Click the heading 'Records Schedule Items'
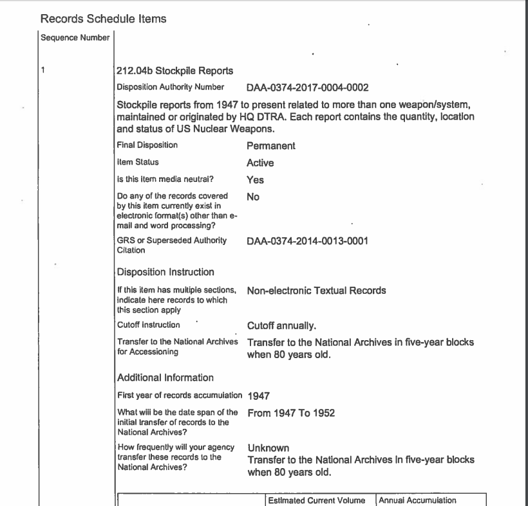103,19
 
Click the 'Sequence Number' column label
75,37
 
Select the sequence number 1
42,71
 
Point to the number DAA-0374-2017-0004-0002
308,87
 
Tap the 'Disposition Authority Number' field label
171,87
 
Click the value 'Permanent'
271,146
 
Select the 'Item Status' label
137,162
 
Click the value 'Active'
260,163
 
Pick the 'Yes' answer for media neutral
255,180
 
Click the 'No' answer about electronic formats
253,197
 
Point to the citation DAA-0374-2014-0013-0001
308,240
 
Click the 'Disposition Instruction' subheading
165,272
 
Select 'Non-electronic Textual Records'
316,291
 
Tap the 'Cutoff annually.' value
281,325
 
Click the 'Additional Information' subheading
165,377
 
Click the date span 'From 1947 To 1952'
291,413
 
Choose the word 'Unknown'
269,447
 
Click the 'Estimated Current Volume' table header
317,500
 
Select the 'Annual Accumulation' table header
417,500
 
